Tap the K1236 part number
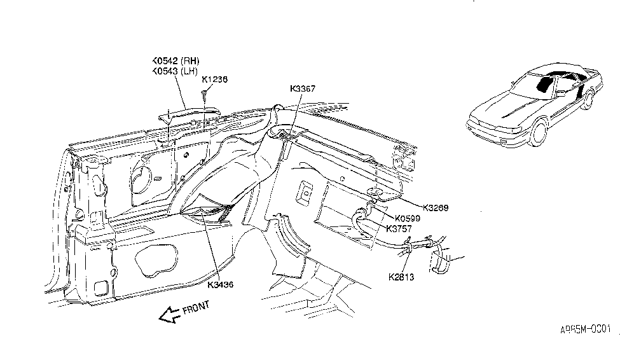coord(215,80)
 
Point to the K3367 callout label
coord(303,89)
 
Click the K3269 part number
coord(437,207)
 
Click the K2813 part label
coord(402,277)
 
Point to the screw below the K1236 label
coord(205,95)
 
